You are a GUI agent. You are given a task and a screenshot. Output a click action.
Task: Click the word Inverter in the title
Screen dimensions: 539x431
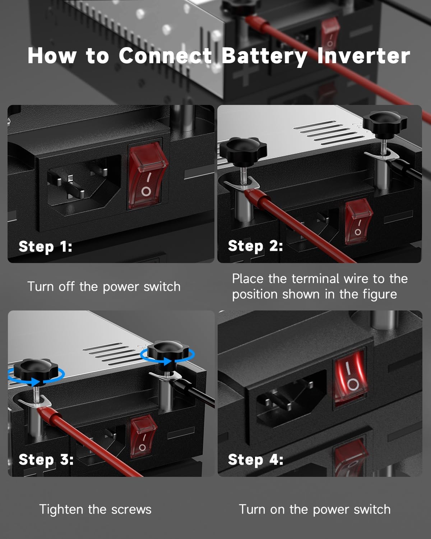click(x=363, y=56)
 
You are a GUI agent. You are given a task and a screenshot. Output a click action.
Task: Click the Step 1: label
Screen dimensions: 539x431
click(x=45, y=247)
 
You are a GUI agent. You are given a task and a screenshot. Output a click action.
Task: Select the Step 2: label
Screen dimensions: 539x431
click(x=255, y=246)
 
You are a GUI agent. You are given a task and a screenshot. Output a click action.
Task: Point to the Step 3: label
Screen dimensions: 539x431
click(x=46, y=460)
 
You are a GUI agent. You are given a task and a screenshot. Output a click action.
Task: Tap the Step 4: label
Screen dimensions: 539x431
click(x=255, y=460)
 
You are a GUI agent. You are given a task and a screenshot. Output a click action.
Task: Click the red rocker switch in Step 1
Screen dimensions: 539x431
click(x=147, y=176)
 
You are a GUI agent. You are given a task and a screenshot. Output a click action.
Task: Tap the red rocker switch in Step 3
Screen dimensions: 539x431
click(x=143, y=437)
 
